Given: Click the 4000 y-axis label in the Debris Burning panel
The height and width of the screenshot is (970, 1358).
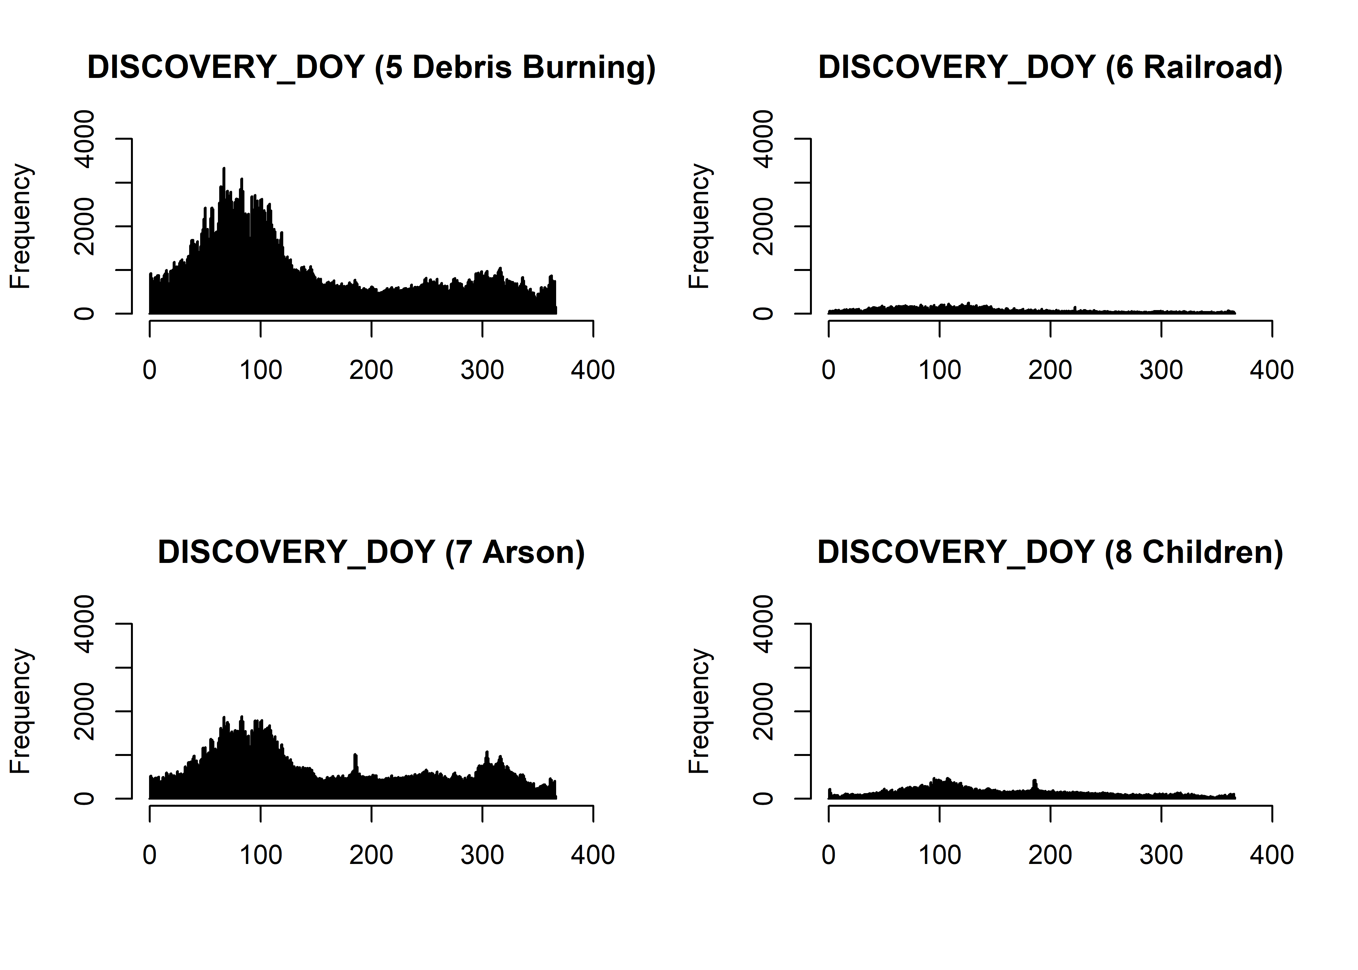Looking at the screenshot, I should [x=84, y=139].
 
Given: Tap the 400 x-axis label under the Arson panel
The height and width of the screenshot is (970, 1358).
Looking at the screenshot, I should [x=592, y=855].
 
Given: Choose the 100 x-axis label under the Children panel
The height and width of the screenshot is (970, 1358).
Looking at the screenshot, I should [x=939, y=855].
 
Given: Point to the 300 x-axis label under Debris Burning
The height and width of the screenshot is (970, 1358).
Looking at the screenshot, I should [x=482, y=370].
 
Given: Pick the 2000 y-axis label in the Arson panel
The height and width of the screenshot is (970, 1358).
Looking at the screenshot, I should [x=84, y=711].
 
